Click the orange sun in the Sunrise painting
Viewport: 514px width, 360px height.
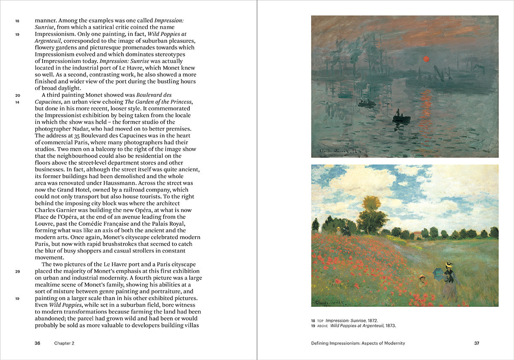426,59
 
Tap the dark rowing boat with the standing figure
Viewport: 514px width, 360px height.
401,117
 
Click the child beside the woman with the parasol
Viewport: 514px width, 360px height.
422,279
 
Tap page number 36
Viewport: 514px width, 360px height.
38,343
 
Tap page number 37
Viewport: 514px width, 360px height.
477,343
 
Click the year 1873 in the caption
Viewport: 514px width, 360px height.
389,325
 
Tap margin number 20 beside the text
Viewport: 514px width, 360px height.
18,95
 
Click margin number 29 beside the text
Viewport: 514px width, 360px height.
18,271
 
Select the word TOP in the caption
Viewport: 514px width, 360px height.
320,321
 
